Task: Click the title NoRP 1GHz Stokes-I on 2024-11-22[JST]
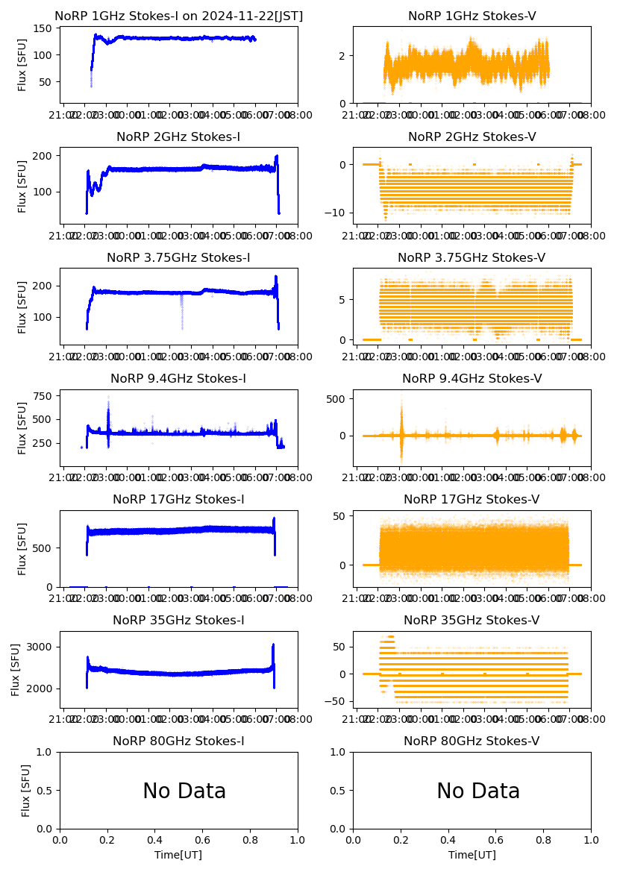tap(178, 16)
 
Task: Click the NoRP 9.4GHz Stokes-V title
tap(472, 378)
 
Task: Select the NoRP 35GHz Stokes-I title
tap(178, 620)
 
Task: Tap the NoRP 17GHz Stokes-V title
tap(472, 499)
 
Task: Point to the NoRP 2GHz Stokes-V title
tap(472, 137)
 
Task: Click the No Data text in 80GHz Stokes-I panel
tap(184, 791)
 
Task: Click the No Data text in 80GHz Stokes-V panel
tap(478, 791)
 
